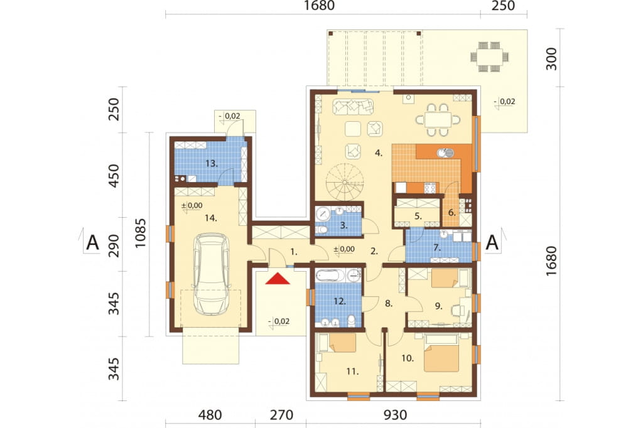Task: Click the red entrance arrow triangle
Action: click(x=277, y=279)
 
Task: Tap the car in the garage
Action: click(x=211, y=274)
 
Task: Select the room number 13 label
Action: click(x=211, y=164)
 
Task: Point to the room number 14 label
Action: click(x=211, y=218)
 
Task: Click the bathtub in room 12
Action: click(x=330, y=275)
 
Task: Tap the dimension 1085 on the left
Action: click(x=140, y=232)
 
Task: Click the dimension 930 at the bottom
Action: click(x=396, y=415)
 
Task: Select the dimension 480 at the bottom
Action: click(x=210, y=415)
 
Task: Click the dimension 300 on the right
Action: click(x=551, y=58)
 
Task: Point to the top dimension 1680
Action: click(x=319, y=6)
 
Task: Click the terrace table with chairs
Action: click(x=490, y=56)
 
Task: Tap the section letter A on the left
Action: click(x=93, y=242)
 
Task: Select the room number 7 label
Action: click(x=437, y=248)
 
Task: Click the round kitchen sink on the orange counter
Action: click(x=442, y=153)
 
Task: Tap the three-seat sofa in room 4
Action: click(x=353, y=107)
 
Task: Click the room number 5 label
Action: click(x=418, y=216)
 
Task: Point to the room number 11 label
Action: click(x=352, y=372)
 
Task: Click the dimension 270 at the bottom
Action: click(x=282, y=415)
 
